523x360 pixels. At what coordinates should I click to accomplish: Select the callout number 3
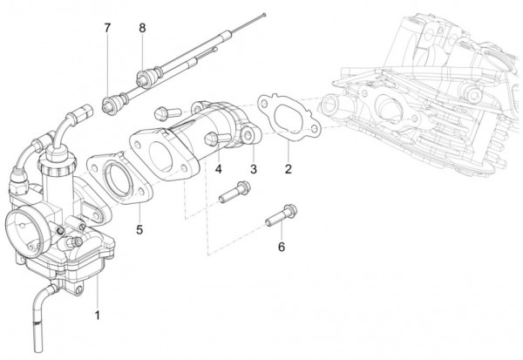pyautogui.click(x=254, y=167)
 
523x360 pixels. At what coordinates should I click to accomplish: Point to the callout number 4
pyautogui.click(x=218, y=167)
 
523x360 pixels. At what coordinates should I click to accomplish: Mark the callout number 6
pyautogui.click(x=281, y=248)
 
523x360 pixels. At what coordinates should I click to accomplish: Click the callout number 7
pyautogui.click(x=107, y=28)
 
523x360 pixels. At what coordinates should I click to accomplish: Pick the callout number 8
pyautogui.click(x=141, y=28)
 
